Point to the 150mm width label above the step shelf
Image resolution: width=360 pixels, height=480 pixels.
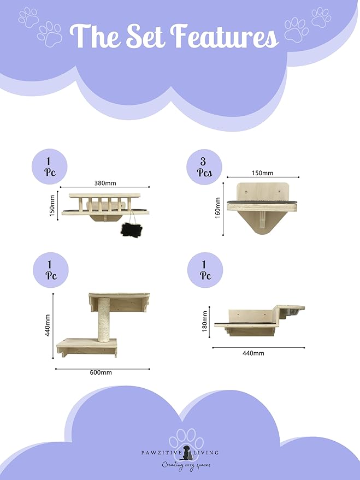[x=262, y=173]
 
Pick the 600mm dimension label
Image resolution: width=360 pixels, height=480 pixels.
[x=101, y=372]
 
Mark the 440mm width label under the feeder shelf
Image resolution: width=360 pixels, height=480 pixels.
[x=253, y=353]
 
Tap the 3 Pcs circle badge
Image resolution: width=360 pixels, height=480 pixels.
[x=203, y=167]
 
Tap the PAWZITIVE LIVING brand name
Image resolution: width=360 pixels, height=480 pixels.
[x=180, y=453]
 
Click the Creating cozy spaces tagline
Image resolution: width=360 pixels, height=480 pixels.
[x=186, y=465]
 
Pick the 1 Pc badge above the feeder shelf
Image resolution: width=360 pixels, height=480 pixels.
[x=205, y=270]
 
